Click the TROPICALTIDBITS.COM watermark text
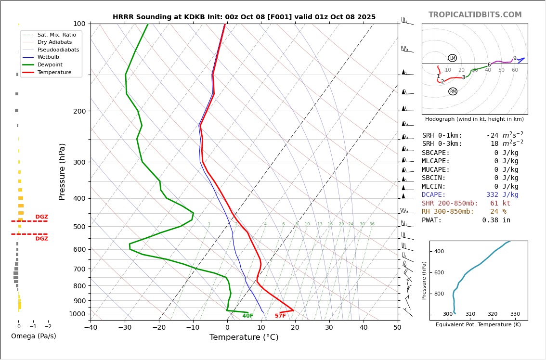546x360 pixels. pyautogui.click(x=475, y=15)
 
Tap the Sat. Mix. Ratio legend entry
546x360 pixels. pyautogui.click(x=56, y=35)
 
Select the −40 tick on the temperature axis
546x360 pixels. pyautogui.click(x=91, y=328)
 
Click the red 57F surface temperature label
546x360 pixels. pyautogui.click(x=280, y=316)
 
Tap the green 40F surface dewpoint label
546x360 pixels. pyautogui.click(x=247, y=316)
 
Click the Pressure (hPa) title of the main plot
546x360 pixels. pyautogui.click(x=62, y=171)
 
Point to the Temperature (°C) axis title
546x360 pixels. pyautogui.click(x=244, y=337)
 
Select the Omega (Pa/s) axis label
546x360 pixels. pyautogui.click(x=33, y=336)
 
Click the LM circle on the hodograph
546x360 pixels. pyautogui.click(x=453, y=58)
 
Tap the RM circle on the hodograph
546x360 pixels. pyautogui.click(x=453, y=91)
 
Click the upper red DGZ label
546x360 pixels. pyautogui.click(x=41, y=217)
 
